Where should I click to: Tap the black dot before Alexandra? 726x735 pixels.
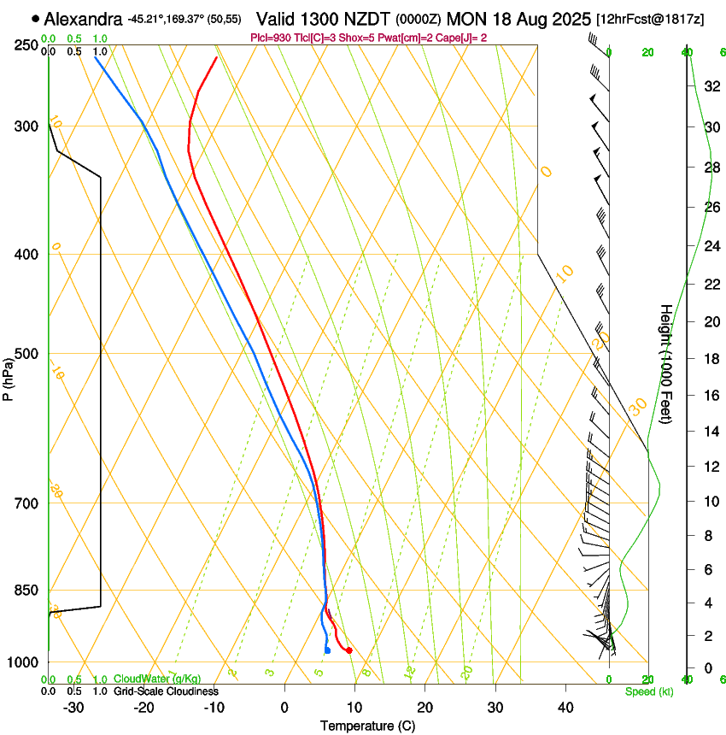coord(35,18)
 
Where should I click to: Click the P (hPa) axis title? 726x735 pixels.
coord(8,376)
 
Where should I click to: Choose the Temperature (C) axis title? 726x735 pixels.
coord(367,726)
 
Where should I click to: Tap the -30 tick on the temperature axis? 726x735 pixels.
coord(74,707)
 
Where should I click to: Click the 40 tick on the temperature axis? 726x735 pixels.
coord(565,707)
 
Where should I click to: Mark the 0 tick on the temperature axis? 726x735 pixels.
coord(285,707)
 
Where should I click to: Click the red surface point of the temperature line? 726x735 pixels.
coord(348,651)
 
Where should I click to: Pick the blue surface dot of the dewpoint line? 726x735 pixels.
coord(327,651)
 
